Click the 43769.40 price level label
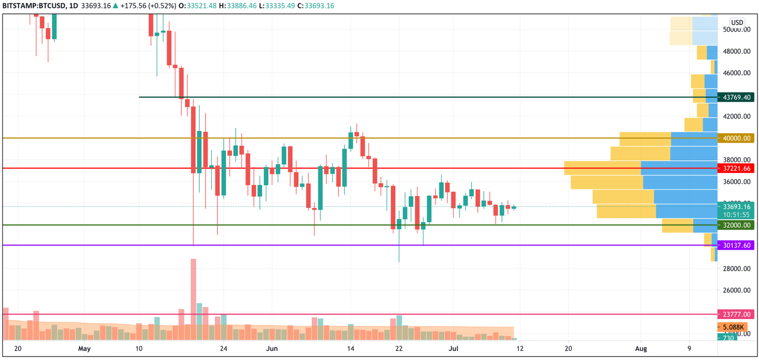736,98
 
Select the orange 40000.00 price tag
736,139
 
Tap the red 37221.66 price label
736,168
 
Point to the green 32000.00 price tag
736,225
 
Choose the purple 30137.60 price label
736,245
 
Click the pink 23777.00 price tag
736,314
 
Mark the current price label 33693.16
736,207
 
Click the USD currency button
737,23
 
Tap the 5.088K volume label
733,327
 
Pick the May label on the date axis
84,349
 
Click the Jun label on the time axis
271,349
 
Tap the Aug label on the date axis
640,349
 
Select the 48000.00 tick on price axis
736,51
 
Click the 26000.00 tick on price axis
736,290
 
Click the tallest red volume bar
193,299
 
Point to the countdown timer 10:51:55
736,215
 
